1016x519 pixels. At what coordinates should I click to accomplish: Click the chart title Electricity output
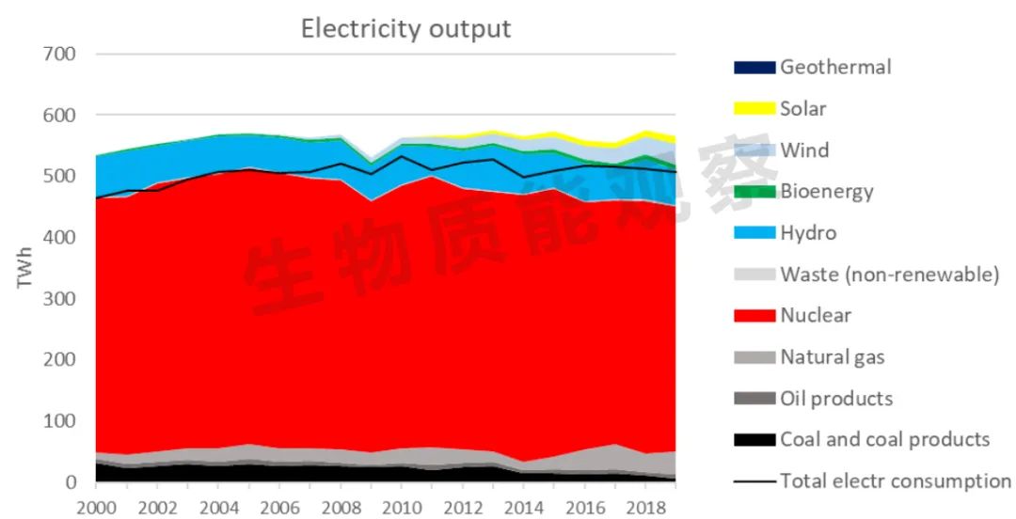pyautogui.click(x=405, y=28)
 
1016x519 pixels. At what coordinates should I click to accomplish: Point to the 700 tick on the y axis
pyautogui.click(x=58, y=55)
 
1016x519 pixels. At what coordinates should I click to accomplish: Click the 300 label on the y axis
pyautogui.click(x=58, y=299)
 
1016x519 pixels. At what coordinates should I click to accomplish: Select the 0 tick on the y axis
pyautogui.click(x=71, y=482)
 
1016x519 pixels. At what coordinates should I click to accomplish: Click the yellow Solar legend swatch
pyautogui.click(x=754, y=109)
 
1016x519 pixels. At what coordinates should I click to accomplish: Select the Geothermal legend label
pyautogui.click(x=835, y=67)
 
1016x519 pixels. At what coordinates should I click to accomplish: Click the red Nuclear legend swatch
pyautogui.click(x=754, y=316)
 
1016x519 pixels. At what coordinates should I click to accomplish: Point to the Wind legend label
pyautogui.click(x=804, y=150)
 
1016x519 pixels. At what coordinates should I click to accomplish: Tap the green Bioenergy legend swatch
pyautogui.click(x=754, y=192)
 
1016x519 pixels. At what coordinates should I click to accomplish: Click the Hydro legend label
pyautogui.click(x=808, y=233)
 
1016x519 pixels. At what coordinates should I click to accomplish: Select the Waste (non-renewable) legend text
pyautogui.click(x=889, y=275)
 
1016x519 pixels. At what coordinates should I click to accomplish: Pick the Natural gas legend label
pyautogui.click(x=833, y=357)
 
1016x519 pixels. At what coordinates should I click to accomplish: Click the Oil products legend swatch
pyautogui.click(x=754, y=399)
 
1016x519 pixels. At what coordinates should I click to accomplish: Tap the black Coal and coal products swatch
pyautogui.click(x=754, y=440)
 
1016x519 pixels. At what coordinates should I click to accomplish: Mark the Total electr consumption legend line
pyautogui.click(x=754, y=481)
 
